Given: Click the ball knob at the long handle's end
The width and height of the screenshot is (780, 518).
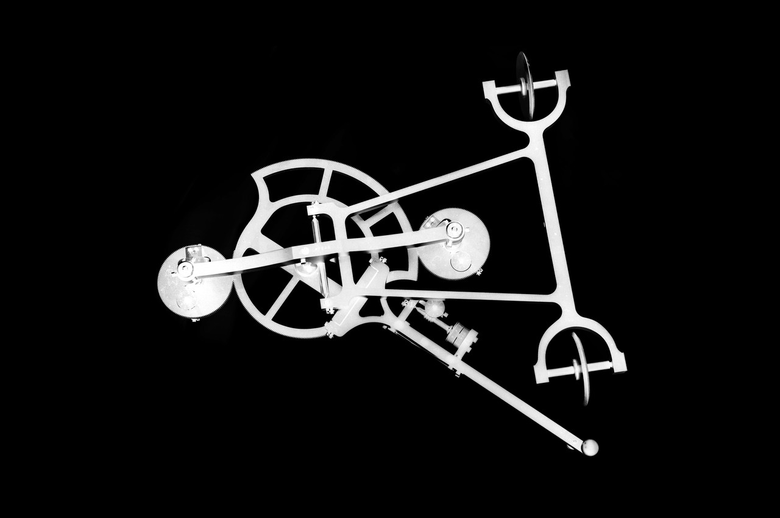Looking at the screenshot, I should pyautogui.click(x=589, y=447).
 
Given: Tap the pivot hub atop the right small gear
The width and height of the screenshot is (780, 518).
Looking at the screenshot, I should pyautogui.click(x=454, y=230).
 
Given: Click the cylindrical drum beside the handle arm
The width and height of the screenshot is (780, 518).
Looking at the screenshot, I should pyautogui.click(x=462, y=335).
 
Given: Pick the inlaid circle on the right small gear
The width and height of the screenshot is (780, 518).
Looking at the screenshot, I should pyautogui.click(x=461, y=261).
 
